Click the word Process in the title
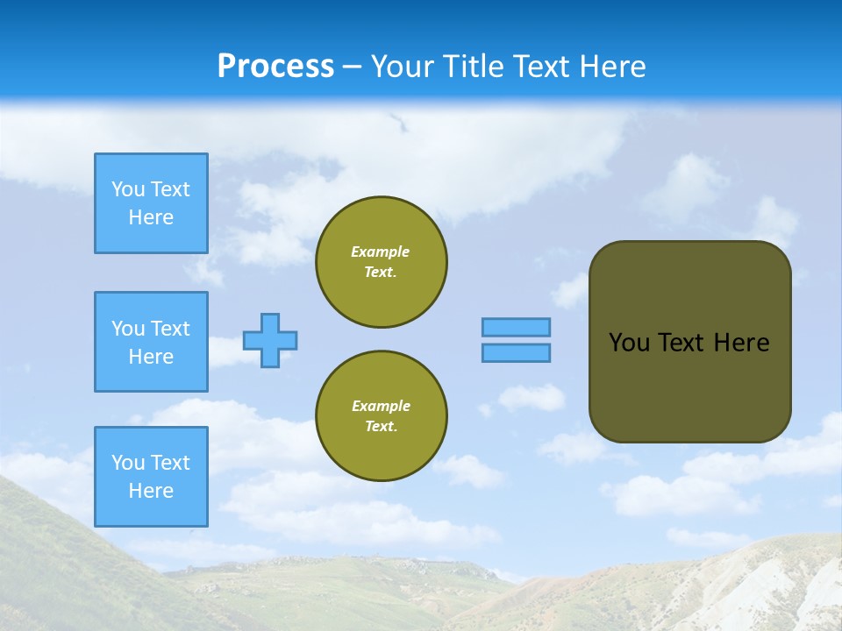pos(275,67)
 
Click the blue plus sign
pos(270,340)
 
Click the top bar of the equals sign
pos(516,327)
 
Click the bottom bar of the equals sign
pos(516,352)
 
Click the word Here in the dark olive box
pos(741,343)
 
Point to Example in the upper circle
pos(380,252)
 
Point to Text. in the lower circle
pos(381,426)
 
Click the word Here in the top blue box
pos(151,217)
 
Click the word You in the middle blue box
pos(128,329)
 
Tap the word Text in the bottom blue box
pos(170,463)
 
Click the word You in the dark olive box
pos(629,343)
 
